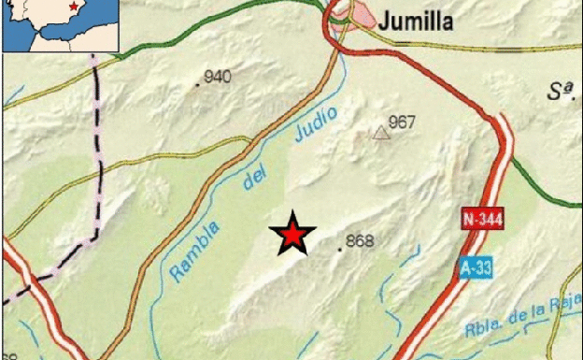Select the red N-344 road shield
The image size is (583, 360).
[480, 220]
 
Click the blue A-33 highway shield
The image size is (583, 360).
[476, 268]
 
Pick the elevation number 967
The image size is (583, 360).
[401, 122]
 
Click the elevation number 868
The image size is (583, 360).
[360, 241]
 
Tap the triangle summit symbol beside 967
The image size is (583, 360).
[380, 133]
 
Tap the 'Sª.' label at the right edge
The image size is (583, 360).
[559, 91]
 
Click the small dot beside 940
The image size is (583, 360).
[197, 85]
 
